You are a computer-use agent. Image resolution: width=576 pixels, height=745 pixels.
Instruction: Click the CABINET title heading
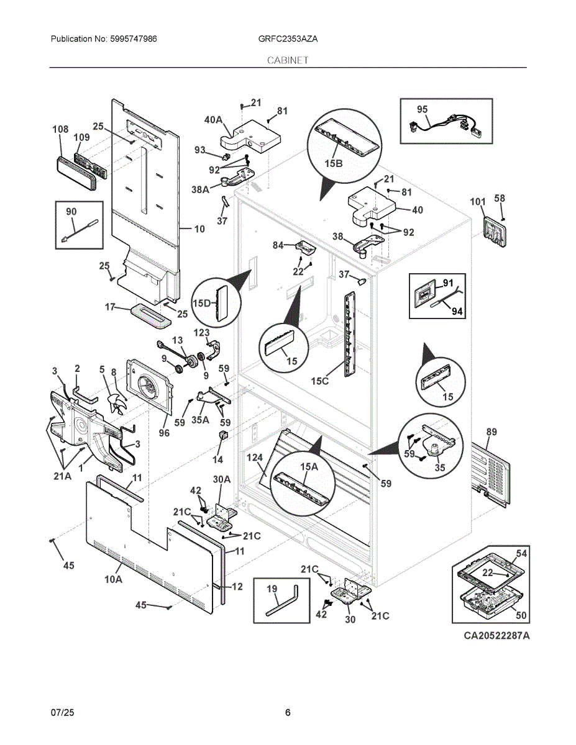click(288, 60)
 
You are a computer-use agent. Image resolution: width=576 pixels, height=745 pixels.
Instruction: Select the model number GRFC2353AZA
click(288, 38)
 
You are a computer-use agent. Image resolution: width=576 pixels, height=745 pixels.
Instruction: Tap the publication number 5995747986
click(133, 38)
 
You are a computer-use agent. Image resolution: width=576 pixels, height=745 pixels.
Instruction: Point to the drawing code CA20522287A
click(496, 636)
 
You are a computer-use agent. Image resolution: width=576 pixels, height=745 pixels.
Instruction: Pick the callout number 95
click(422, 109)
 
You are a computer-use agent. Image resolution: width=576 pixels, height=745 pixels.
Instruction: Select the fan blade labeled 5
click(117, 404)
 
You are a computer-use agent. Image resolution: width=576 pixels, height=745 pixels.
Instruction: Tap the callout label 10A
click(113, 579)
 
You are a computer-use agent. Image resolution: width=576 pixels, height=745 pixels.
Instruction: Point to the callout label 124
click(255, 458)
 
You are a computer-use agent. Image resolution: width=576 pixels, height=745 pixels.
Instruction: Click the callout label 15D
click(202, 303)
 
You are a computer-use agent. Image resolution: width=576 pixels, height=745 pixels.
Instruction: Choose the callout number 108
click(60, 129)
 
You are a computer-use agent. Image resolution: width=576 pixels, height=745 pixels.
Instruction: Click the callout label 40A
click(213, 120)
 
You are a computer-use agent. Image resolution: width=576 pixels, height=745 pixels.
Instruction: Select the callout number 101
click(478, 202)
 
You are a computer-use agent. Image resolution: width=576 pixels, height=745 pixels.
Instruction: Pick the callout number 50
click(521, 615)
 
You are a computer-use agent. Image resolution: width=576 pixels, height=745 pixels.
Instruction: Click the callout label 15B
click(334, 163)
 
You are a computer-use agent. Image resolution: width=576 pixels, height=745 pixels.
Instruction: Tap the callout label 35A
click(200, 419)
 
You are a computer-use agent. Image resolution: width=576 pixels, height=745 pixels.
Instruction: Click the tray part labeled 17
click(150, 314)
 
